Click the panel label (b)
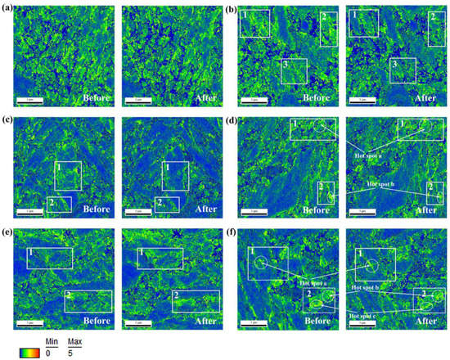tap(231, 10)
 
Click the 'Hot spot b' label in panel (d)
tap(382, 185)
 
